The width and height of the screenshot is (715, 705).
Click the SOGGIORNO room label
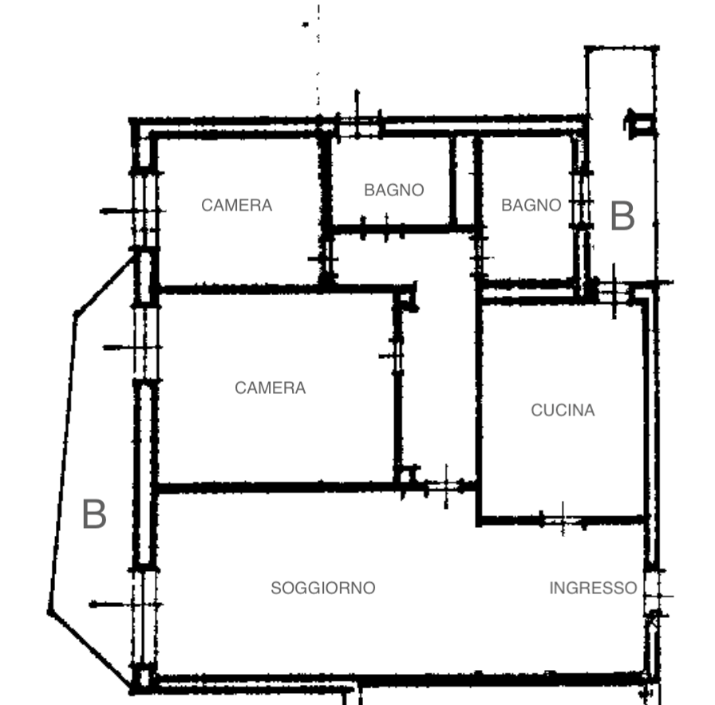point(323,588)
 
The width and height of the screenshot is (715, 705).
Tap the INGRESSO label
point(593,588)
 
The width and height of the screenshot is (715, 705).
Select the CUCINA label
point(563,410)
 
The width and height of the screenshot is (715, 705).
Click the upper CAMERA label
point(237,205)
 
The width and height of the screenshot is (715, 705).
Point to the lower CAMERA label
point(270,388)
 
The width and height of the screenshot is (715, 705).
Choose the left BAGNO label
point(394,190)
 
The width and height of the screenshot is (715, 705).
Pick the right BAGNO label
point(531,205)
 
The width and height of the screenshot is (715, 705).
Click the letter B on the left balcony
point(94,514)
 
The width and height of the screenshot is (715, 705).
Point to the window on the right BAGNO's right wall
point(582,200)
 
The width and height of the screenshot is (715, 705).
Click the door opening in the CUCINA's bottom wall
point(562,519)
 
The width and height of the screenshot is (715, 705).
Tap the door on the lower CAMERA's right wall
point(398,356)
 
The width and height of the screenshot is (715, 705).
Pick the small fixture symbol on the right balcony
point(640,124)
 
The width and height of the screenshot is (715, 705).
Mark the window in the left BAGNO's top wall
point(358,126)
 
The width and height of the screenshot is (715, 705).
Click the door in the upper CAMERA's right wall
point(326,258)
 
